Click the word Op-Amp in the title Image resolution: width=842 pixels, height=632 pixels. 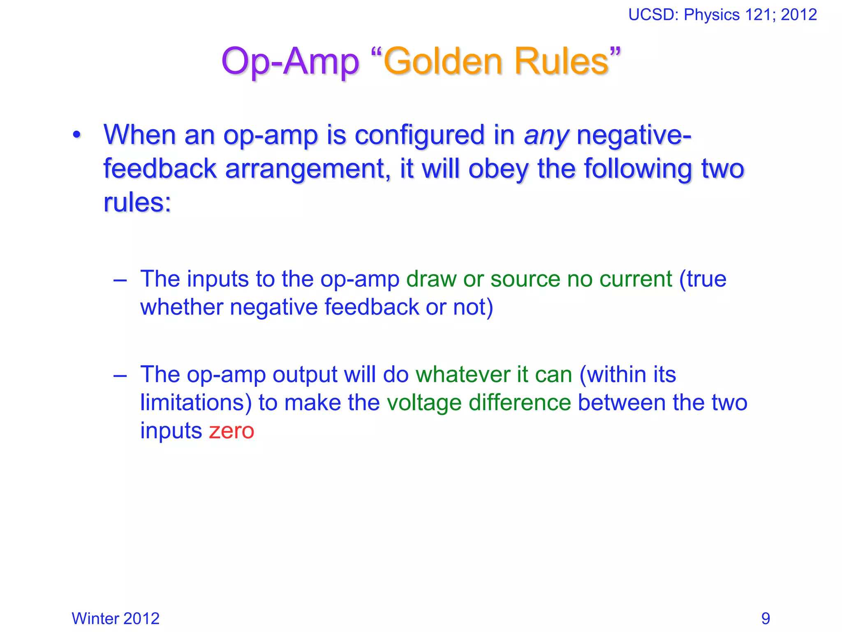coord(290,62)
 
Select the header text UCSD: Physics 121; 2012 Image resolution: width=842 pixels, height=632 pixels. coord(722,15)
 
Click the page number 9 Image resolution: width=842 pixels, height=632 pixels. coord(766,618)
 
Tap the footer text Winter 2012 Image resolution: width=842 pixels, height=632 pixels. coord(116,618)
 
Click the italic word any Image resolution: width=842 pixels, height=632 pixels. coord(546,136)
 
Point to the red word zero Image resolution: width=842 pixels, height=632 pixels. coord(231,431)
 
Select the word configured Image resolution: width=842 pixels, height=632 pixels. coord(419,136)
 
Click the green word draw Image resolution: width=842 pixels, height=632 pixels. coord(431,279)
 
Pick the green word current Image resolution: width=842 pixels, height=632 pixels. coord(636,279)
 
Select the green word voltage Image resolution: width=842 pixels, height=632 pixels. coord(424,403)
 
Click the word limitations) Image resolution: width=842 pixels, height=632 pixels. coord(196,403)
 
